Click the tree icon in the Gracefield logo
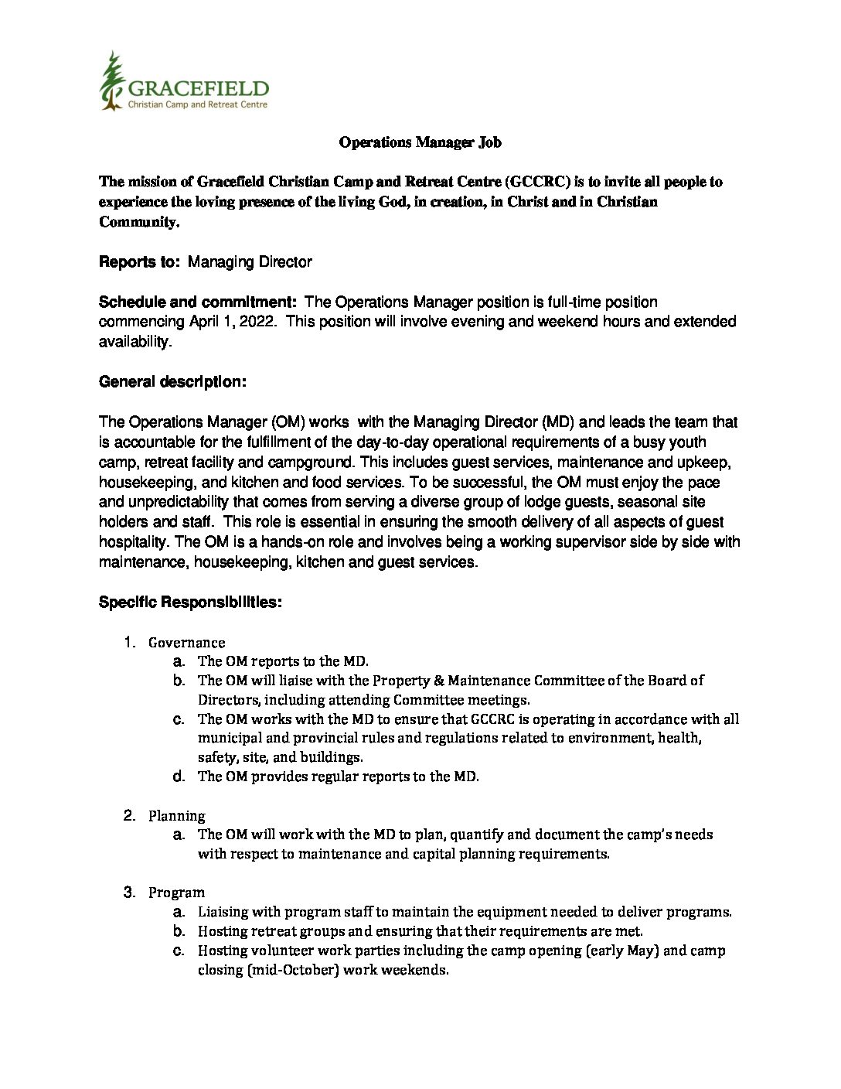click(x=113, y=80)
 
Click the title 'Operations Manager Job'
click(x=420, y=142)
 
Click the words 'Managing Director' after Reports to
click(x=250, y=262)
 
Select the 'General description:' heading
click(x=173, y=382)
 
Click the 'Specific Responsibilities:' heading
click(x=190, y=603)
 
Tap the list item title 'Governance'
click(x=186, y=643)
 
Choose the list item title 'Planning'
click(x=176, y=816)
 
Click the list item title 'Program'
click(x=176, y=893)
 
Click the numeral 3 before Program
click(x=129, y=893)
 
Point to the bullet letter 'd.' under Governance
click(x=179, y=777)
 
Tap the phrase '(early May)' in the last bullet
click(x=623, y=951)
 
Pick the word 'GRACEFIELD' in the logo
click(x=198, y=88)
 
